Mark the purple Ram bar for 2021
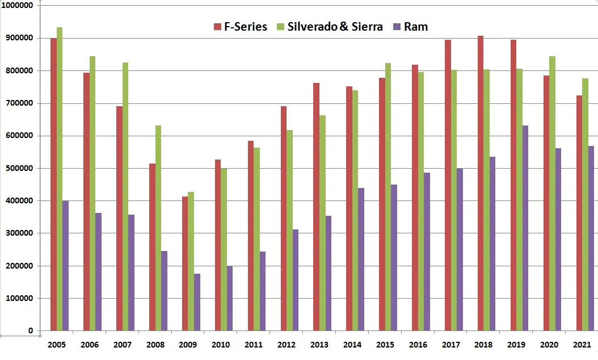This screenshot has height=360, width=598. [x=591, y=238]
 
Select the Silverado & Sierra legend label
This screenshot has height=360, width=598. [x=335, y=27]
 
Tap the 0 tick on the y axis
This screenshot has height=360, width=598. [x=31, y=330]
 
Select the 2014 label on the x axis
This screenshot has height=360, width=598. [x=352, y=345]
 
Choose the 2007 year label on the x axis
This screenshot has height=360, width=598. [x=123, y=345]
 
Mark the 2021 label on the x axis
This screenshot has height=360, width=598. [x=582, y=345]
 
